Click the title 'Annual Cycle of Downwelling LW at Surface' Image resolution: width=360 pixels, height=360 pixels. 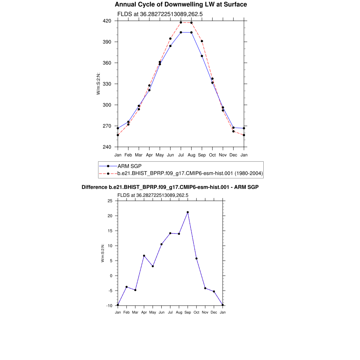[x=181, y=5]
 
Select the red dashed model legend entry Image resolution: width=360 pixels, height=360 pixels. [x=190, y=173]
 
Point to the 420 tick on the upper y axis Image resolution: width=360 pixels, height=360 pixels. [x=107, y=21]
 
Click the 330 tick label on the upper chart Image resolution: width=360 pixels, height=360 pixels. [x=107, y=84]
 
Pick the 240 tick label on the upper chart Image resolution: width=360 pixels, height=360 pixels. [x=107, y=147]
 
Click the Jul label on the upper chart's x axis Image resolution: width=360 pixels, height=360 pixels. [x=181, y=155]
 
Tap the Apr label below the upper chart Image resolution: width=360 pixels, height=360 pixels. [x=149, y=155]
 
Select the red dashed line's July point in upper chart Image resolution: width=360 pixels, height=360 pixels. [x=181, y=22]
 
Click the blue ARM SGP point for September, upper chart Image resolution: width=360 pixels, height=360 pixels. [x=202, y=56]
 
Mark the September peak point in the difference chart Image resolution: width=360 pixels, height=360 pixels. [x=188, y=212]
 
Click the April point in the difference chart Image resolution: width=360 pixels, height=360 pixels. [x=144, y=256]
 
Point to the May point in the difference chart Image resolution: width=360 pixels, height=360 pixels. [x=153, y=266]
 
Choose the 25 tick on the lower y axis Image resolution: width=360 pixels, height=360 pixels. [x=110, y=201]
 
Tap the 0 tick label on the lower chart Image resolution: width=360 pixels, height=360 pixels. [x=111, y=276]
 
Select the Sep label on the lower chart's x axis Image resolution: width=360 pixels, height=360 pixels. [x=188, y=312]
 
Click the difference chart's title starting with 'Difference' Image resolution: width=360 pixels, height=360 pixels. [x=170, y=187]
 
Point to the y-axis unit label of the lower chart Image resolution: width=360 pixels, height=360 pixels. [x=103, y=253]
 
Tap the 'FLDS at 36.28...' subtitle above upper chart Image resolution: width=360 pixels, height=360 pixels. [x=160, y=14]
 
